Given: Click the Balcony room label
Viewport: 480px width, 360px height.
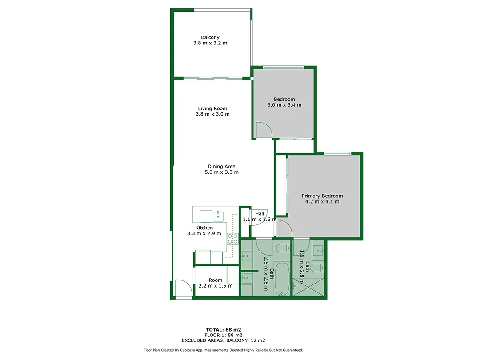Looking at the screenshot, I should (210, 37).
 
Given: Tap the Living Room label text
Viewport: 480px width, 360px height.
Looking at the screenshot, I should (212, 108).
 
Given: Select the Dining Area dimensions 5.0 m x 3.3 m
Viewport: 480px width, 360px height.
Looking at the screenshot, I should (221, 172).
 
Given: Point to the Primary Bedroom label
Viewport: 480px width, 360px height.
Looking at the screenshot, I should (322, 196).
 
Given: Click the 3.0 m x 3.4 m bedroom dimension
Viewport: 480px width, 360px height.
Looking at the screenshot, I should (284, 105).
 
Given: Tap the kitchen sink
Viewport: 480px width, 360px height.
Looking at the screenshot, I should (218, 216).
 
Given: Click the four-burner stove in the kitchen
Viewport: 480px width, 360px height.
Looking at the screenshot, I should (232, 238).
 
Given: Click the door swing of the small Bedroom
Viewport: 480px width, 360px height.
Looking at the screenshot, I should (264, 130).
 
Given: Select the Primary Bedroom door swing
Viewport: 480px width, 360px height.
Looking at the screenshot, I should (283, 228).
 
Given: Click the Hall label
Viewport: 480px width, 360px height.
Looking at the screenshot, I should (260, 214).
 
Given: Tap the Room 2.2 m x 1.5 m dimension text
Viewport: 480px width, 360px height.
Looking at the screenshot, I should (215, 286).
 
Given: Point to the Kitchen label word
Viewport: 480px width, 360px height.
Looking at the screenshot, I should (204, 228).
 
